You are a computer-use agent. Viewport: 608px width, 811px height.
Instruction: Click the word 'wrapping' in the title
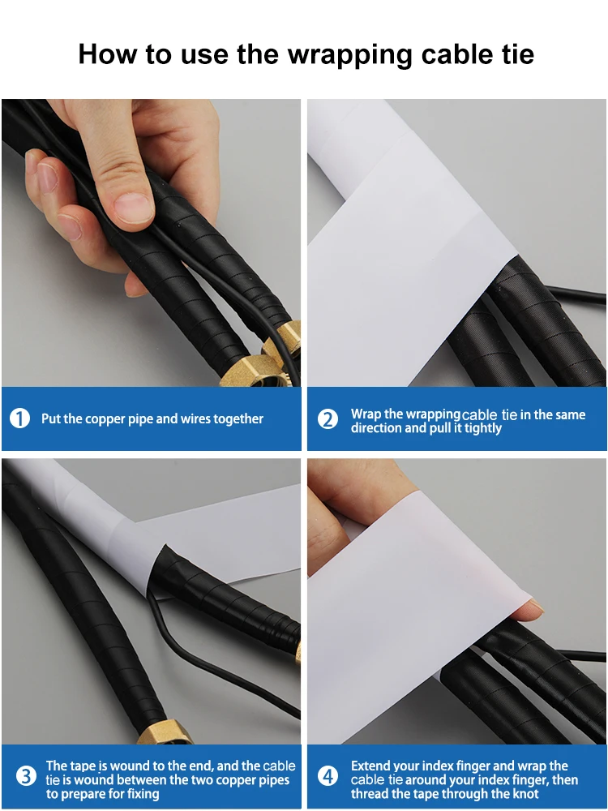point(350,55)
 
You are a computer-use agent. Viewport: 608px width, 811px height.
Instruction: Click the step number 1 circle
point(19,419)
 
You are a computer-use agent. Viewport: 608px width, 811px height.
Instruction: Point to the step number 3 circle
point(26,777)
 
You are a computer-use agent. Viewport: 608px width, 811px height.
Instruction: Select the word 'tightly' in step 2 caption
point(483,428)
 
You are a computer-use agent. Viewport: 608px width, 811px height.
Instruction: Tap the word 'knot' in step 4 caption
point(521,794)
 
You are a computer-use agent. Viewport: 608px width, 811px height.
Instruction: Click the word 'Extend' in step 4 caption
point(372,766)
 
